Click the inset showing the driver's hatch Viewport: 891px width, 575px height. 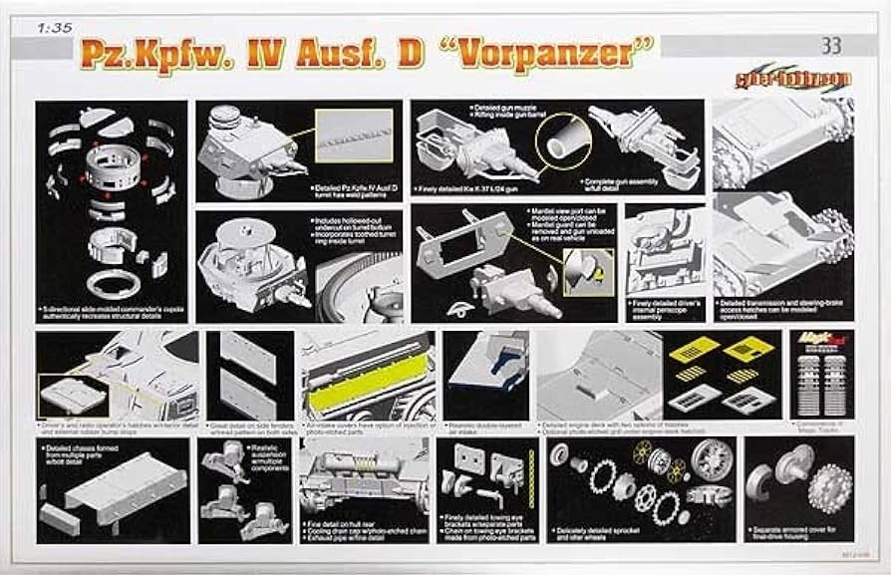click(72, 396)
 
